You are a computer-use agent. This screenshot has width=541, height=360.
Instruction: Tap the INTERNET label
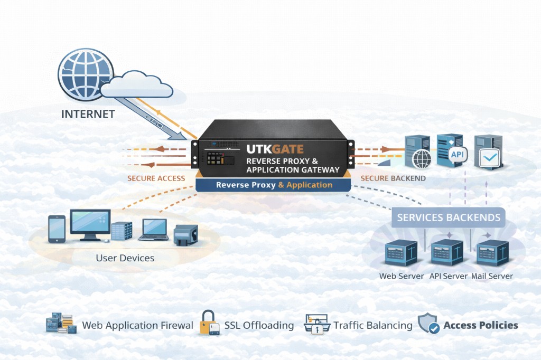88,114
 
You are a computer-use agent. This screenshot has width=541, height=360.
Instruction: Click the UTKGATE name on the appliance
275,149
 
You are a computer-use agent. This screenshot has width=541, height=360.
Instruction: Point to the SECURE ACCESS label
156,178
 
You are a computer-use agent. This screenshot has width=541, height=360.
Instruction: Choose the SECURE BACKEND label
393,178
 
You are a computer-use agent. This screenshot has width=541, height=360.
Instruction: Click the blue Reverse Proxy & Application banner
274,185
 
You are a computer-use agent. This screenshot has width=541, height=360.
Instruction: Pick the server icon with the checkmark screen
487,153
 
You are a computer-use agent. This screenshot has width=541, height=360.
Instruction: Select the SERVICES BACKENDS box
449,217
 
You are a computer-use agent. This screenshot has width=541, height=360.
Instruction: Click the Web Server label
402,276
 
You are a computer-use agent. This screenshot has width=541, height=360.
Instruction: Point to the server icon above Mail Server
492,252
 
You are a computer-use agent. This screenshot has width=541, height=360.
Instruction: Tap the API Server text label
449,276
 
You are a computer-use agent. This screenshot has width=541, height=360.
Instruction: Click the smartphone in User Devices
57,229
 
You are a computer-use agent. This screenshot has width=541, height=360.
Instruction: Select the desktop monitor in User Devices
90,224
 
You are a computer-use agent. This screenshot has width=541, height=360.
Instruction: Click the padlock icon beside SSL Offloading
209,323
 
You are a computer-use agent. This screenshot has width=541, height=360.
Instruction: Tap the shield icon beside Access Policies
429,324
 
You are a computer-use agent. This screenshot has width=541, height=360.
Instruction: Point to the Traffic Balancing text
373,326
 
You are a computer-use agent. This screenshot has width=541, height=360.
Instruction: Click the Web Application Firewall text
137,326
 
